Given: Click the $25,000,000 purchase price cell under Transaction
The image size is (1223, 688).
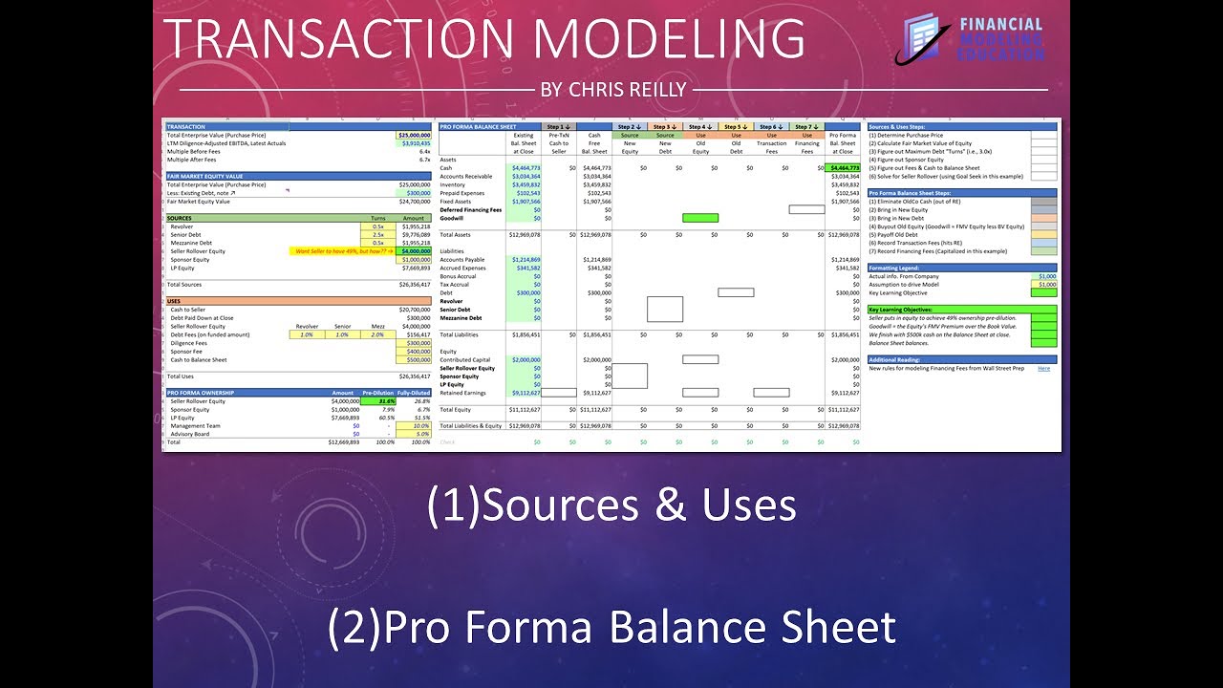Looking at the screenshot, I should click(x=414, y=136).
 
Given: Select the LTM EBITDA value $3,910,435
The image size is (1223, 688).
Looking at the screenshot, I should click(x=414, y=143).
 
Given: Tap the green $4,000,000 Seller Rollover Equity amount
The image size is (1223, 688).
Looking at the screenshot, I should click(x=414, y=251).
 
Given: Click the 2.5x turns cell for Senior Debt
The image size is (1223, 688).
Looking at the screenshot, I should click(x=378, y=234).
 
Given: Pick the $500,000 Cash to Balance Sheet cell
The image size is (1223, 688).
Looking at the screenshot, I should click(x=414, y=360).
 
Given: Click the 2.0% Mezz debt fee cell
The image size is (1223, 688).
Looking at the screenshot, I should click(x=378, y=335).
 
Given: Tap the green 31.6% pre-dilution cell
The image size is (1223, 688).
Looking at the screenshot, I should click(x=378, y=401).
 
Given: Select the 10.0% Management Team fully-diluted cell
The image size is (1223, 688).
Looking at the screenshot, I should click(x=414, y=426).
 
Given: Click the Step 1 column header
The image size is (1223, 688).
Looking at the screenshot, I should click(x=559, y=126).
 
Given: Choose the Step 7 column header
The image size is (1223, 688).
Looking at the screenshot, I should click(x=807, y=126).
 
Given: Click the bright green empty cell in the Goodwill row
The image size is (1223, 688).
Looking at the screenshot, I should click(x=700, y=218).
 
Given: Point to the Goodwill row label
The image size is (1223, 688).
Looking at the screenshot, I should click(x=453, y=218).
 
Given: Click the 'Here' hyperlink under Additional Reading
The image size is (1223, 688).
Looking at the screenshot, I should click(x=1043, y=368).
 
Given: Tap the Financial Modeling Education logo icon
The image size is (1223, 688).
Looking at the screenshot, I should click(x=922, y=39).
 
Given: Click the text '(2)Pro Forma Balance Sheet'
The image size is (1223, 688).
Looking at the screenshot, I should click(x=611, y=628).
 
